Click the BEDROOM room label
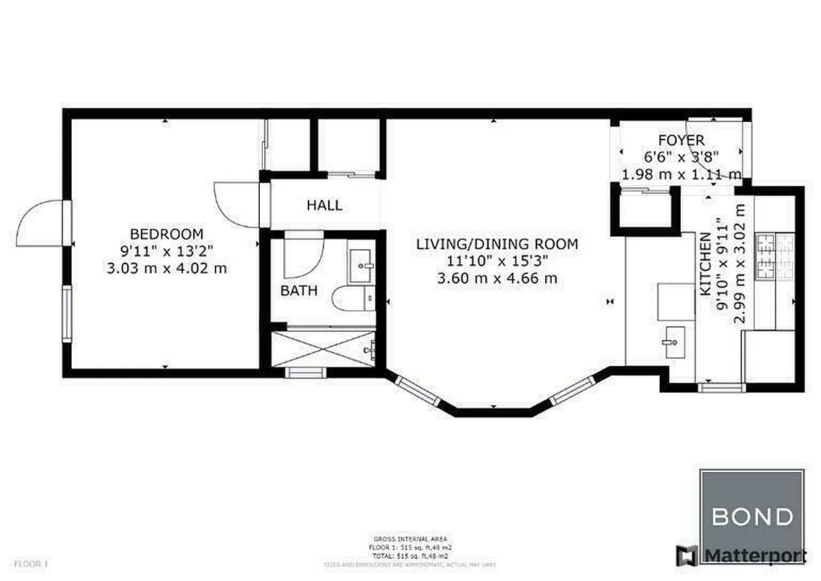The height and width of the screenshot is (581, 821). [x=166, y=234]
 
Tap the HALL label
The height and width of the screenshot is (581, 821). [x=324, y=206]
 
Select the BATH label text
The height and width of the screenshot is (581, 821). [x=299, y=291]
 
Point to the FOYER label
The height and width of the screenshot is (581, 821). [x=680, y=140]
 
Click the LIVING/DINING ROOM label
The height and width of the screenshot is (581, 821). [x=497, y=244]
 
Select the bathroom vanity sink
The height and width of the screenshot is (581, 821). [x=362, y=267]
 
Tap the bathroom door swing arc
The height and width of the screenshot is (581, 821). [x=301, y=256]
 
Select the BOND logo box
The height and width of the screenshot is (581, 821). [x=751, y=516]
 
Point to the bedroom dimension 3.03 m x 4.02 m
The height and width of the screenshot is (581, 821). [x=166, y=267]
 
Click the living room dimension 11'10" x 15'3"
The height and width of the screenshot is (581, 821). [x=497, y=261]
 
